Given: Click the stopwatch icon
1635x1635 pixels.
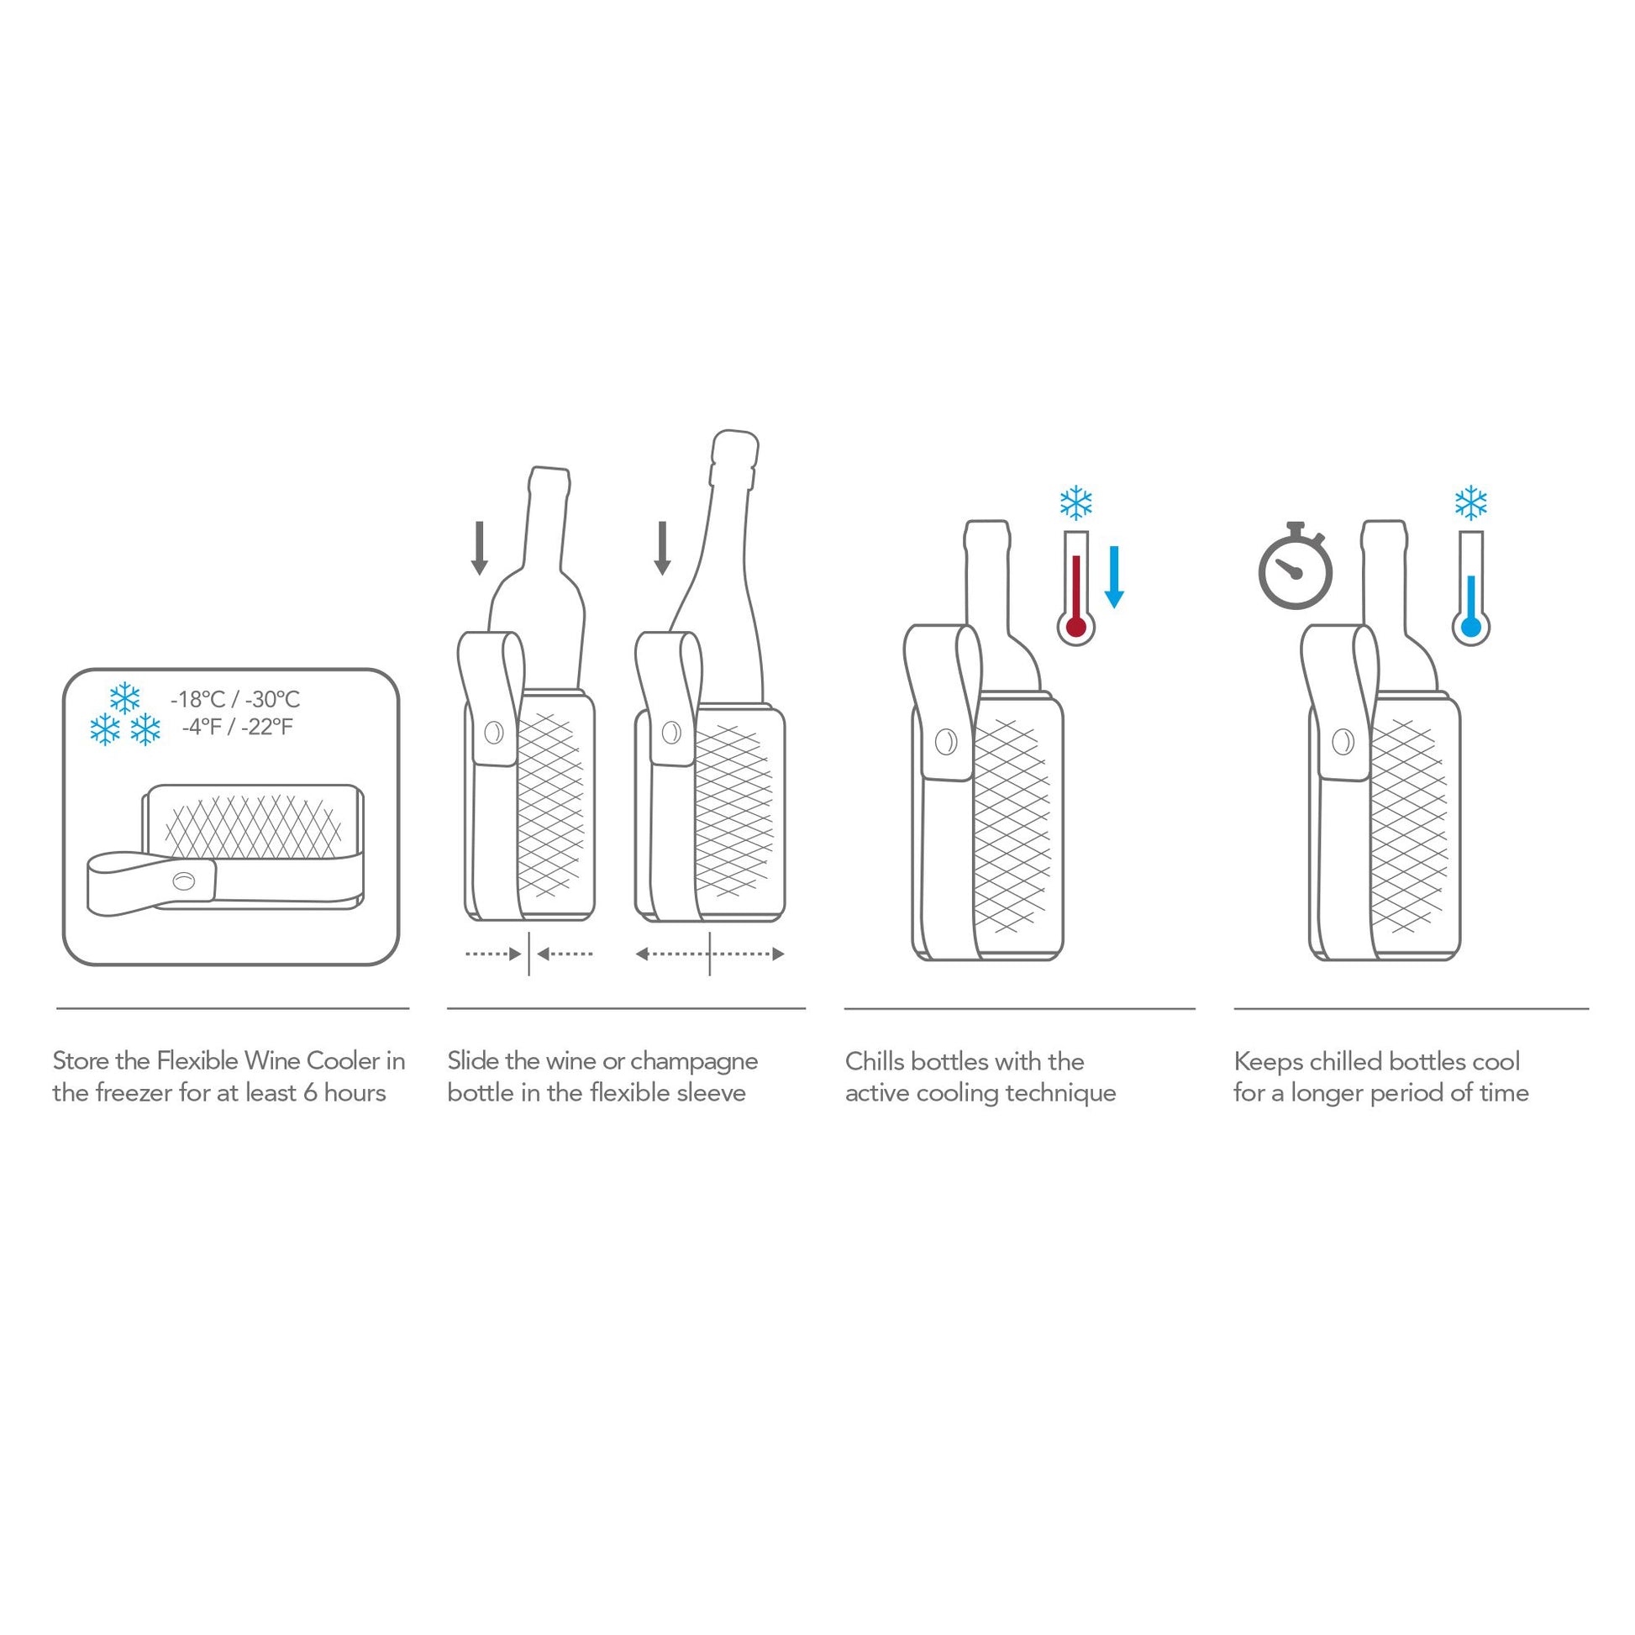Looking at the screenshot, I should click(x=1295, y=568).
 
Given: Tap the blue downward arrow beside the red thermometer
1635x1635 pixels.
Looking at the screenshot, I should click(x=1115, y=577).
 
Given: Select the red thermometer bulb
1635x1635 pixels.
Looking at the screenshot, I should click(x=1075, y=627).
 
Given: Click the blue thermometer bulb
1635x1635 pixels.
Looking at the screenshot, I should click(x=1471, y=627).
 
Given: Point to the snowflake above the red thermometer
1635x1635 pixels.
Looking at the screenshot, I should click(x=1075, y=502).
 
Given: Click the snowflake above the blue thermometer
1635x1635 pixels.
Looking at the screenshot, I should click(x=1471, y=502).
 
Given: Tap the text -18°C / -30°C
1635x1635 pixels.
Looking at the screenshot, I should click(x=235, y=699).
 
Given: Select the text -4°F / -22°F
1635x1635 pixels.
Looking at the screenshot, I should click(x=237, y=727).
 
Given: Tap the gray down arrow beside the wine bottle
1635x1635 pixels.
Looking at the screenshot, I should click(x=479, y=548).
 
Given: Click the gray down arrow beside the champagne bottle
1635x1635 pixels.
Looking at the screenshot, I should click(x=663, y=548).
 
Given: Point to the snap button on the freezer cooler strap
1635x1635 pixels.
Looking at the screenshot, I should click(x=183, y=882).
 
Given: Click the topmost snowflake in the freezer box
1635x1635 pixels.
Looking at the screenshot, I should click(x=124, y=698).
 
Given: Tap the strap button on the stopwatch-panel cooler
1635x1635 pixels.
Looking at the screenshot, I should click(x=1342, y=742).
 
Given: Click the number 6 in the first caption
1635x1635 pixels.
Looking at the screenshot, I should click(x=310, y=1092).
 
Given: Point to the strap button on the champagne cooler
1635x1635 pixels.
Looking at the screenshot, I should click(x=671, y=732).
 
